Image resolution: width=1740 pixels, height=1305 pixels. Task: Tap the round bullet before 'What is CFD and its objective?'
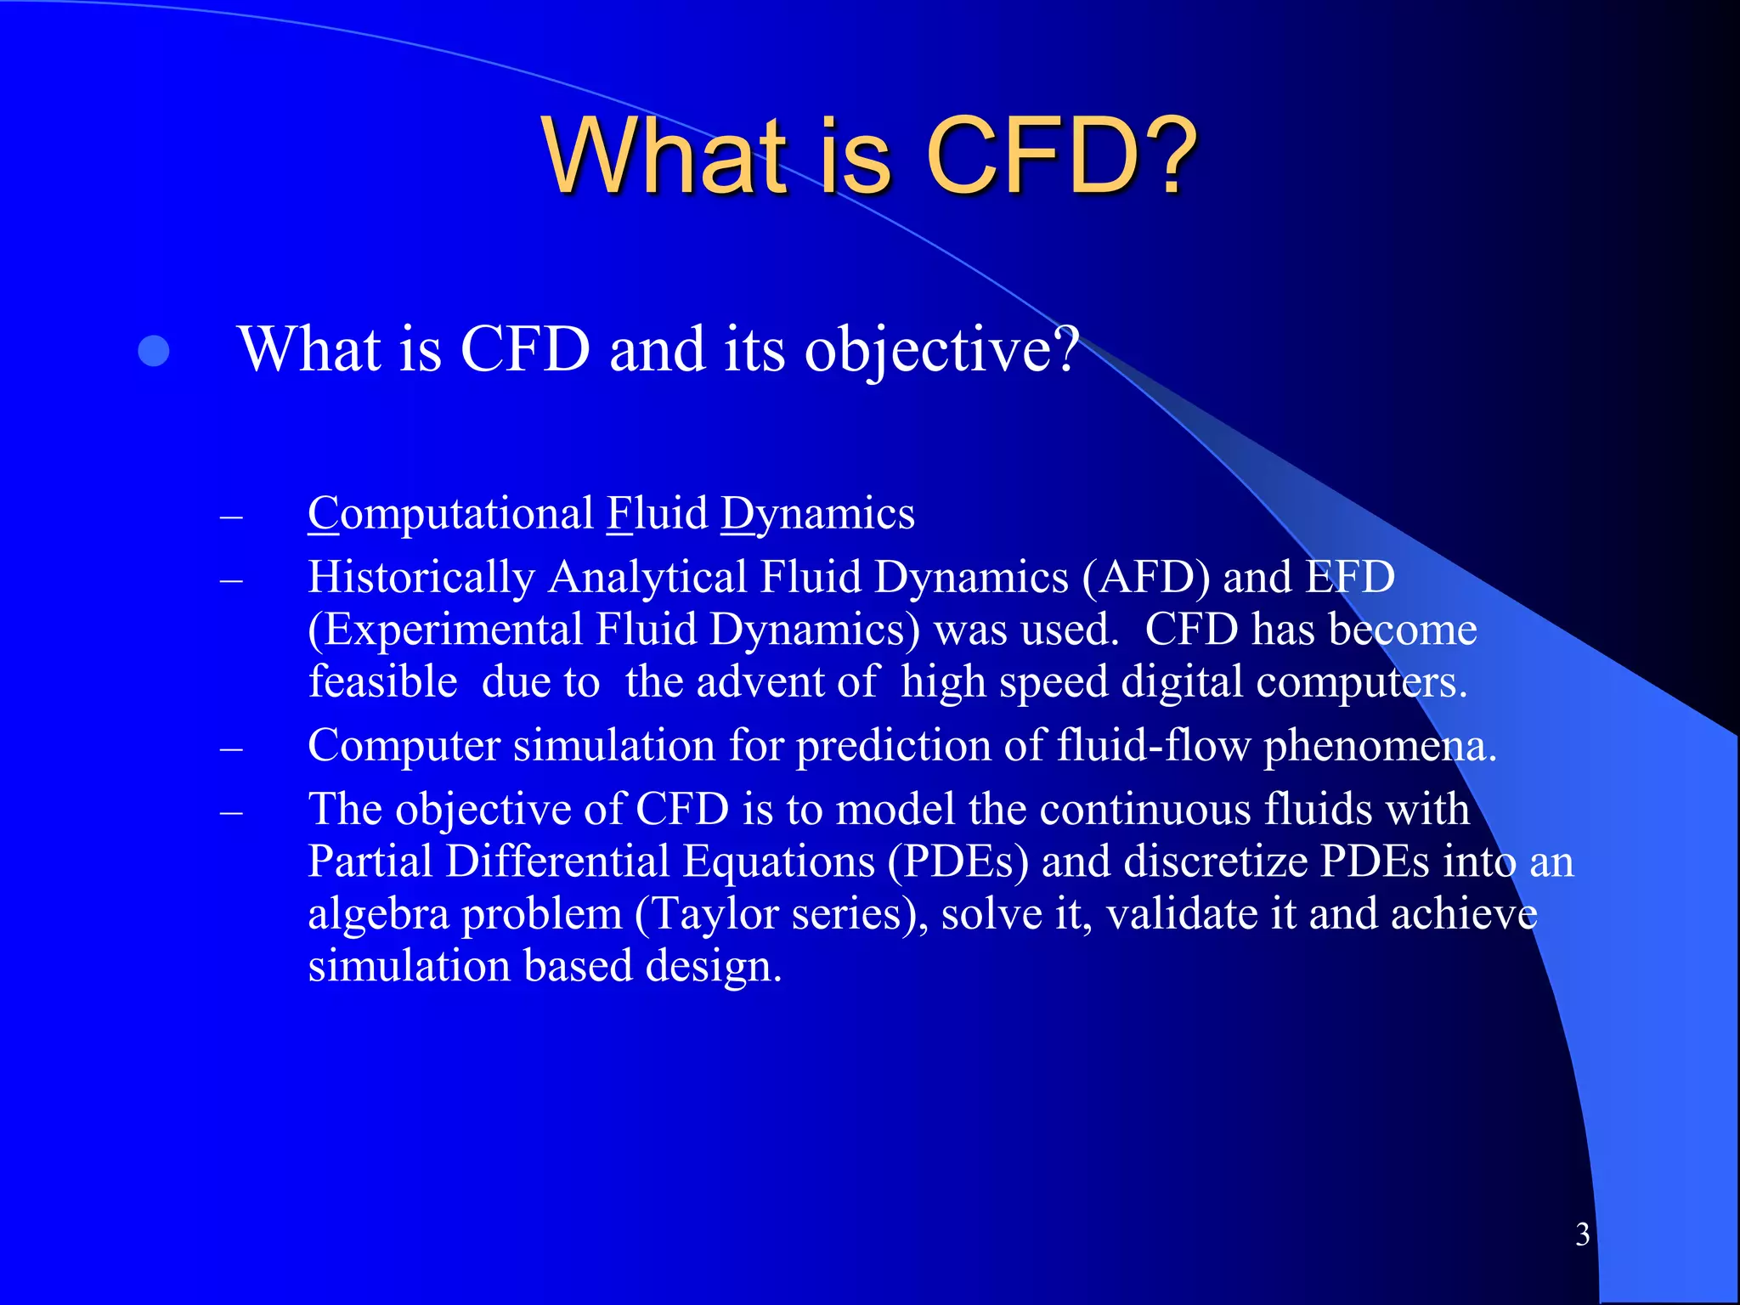(154, 351)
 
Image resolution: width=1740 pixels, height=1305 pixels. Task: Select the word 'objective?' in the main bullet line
(941, 351)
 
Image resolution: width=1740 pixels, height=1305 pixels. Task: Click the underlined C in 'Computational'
(323, 514)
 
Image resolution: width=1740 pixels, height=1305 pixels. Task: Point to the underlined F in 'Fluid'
(619, 514)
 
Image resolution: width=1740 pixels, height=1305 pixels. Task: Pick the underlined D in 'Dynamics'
(737, 514)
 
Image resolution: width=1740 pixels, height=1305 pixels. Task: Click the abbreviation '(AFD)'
(1146, 578)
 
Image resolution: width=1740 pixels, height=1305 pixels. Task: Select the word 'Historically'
(421, 578)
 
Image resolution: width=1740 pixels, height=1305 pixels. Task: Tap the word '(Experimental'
(445, 630)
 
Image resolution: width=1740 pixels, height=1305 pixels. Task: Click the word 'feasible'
(383, 682)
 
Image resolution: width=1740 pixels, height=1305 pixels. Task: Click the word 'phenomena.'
(1380, 746)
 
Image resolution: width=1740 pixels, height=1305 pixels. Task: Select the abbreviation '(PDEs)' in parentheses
(958, 862)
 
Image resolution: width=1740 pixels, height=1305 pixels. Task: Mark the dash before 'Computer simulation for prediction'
(231, 749)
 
